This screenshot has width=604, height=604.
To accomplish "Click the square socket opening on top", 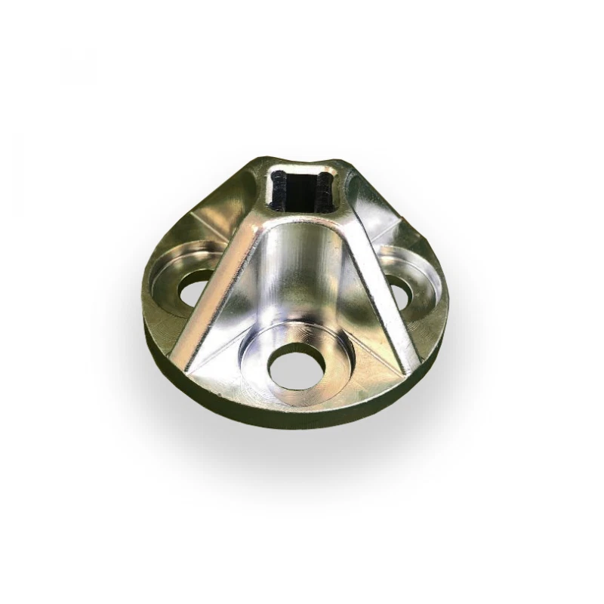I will pyautogui.click(x=300, y=191).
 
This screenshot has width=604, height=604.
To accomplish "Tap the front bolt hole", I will pyautogui.click(x=298, y=368).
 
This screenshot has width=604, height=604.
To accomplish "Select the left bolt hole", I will pyautogui.click(x=193, y=288).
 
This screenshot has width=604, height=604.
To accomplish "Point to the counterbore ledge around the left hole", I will pyautogui.click(x=171, y=272).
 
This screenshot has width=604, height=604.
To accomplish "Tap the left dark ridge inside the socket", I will pyautogui.click(x=280, y=193).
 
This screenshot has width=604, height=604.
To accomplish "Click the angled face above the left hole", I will pyautogui.click(x=215, y=219).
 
